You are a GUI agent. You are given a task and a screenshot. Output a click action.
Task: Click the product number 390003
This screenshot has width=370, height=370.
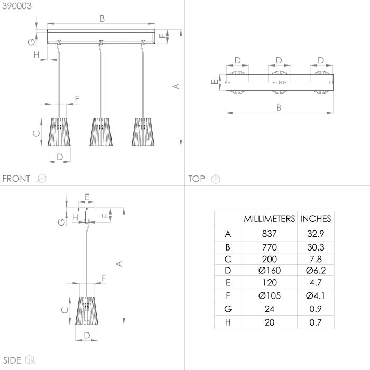click(17, 6)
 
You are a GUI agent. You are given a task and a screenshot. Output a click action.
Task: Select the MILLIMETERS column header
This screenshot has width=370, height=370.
click(269, 219)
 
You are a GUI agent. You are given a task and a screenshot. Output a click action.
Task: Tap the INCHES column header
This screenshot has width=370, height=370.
click(316, 219)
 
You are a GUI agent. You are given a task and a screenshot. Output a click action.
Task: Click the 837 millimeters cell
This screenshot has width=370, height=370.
click(269, 234)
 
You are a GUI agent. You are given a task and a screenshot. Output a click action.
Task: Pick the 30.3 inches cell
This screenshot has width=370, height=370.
click(316, 247)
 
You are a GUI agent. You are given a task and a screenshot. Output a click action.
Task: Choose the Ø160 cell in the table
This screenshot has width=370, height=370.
click(270, 271)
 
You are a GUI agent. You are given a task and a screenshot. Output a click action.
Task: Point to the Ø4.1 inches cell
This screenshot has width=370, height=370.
click(316, 295)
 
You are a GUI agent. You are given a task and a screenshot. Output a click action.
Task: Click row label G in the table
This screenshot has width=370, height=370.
click(228, 309)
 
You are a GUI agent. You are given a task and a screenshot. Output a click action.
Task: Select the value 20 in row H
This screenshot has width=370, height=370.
click(270, 322)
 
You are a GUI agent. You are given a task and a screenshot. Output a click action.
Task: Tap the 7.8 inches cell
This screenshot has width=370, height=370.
click(316, 259)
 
